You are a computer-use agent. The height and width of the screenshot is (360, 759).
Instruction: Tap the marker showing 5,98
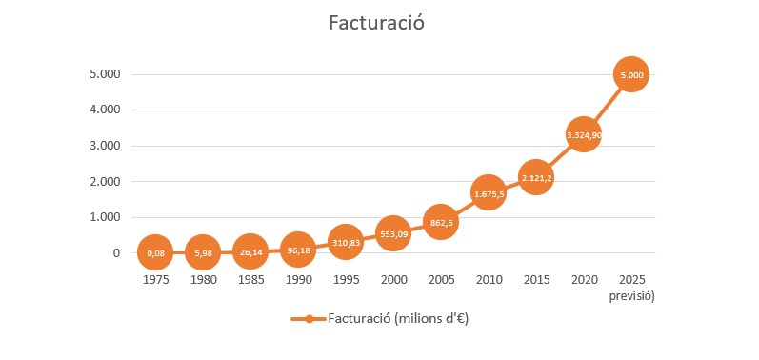(x=202, y=252)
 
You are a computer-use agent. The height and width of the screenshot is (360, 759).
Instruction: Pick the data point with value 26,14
(x=250, y=251)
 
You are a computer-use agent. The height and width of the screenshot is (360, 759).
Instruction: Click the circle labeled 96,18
(x=297, y=250)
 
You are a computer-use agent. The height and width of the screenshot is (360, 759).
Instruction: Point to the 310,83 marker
(x=345, y=242)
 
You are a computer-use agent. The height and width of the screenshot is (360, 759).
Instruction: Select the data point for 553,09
(x=392, y=233)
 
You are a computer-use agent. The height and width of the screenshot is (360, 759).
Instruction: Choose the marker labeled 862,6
(x=440, y=222)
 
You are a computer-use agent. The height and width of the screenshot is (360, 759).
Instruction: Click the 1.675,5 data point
(x=488, y=193)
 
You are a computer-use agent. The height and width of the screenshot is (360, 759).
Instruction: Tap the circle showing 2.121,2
(x=535, y=177)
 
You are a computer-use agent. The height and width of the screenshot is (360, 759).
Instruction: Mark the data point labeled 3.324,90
(x=583, y=134)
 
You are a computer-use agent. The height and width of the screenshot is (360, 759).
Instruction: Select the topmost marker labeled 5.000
(x=630, y=74)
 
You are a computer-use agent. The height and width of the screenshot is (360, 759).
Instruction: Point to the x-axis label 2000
(x=392, y=281)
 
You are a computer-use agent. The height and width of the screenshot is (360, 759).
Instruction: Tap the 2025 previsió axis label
(x=630, y=288)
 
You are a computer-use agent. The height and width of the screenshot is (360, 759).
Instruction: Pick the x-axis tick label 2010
(x=488, y=281)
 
